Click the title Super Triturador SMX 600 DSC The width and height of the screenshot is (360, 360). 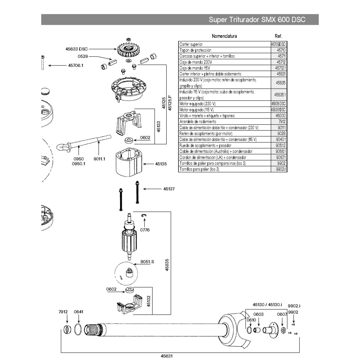tap(257, 20)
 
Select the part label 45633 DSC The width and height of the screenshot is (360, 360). tap(77, 49)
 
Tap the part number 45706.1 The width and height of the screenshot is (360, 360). tap(76, 65)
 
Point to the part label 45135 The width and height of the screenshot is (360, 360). tap(161, 164)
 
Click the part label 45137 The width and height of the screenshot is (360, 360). tap(169, 189)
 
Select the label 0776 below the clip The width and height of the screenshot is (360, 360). tap(145, 230)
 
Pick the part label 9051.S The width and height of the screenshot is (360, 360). tap(147, 262)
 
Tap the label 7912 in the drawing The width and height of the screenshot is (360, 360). tap(63, 312)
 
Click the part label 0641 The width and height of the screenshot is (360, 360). tap(79, 312)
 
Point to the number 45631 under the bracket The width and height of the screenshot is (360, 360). tap(167, 356)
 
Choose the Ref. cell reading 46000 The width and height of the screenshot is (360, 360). tap(280, 116)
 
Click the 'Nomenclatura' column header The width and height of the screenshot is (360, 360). tap(224, 36)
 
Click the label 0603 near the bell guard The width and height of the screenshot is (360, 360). tap(259, 314)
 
